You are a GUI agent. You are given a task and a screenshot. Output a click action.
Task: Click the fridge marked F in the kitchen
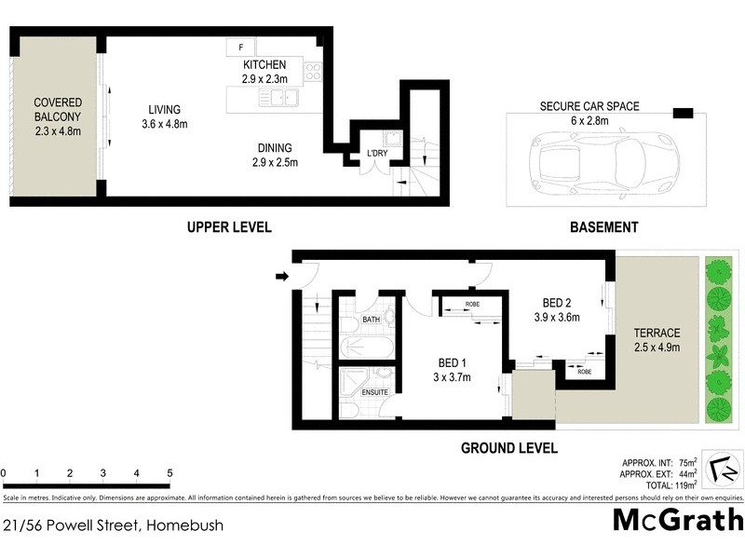pyautogui.click(x=241, y=48)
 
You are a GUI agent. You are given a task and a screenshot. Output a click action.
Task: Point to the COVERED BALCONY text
pyautogui.click(x=58, y=116)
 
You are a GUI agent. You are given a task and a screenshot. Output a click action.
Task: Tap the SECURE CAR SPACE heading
pyautogui.click(x=590, y=106)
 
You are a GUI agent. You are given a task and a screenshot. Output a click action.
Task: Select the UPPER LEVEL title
pyautogui.click(x=228, y=227)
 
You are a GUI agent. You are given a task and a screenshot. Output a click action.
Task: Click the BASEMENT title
pyautogui.click(x=604, y=227)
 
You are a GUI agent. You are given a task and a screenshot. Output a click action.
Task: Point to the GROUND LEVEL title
pyautogui.click(x=509, y=448)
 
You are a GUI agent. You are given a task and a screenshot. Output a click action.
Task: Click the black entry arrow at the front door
pyautogui.click(x=282, y=276)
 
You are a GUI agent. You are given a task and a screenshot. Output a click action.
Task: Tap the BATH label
pyautogui.click(x=372, y=320)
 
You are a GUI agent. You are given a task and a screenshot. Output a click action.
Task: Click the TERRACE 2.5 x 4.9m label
pyautogui.click(x=657, y=340)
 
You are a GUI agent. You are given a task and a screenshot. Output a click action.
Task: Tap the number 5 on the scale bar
pyautogui.click(x=169, y=473)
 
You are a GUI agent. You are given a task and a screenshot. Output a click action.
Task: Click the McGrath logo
pyautogui.click(x=677, y=521)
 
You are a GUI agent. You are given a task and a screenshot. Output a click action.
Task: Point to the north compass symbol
pyautogui.click(x=721, y=470)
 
